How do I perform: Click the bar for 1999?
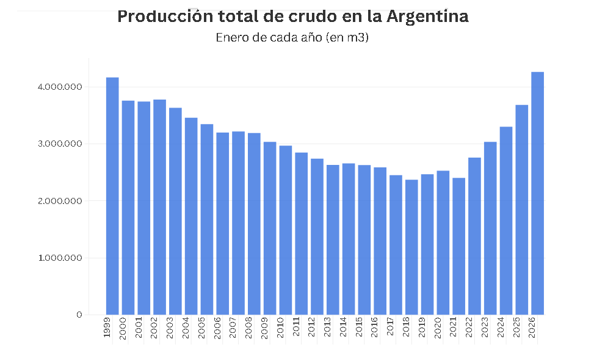tap(112, 196)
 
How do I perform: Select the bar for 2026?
tap(537, 193)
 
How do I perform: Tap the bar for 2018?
tap(411, 247)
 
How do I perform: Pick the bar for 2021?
tap(458, 246)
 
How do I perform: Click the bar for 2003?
tap(175, 211)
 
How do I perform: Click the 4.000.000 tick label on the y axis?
tap(59, 87)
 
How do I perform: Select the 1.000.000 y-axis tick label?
tap(59, 258)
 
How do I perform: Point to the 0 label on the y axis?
tap(79, 315)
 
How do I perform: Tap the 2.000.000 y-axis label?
tap(59, 201)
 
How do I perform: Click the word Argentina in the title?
tap(428, 16)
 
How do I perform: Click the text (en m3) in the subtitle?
tap(347, 37)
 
